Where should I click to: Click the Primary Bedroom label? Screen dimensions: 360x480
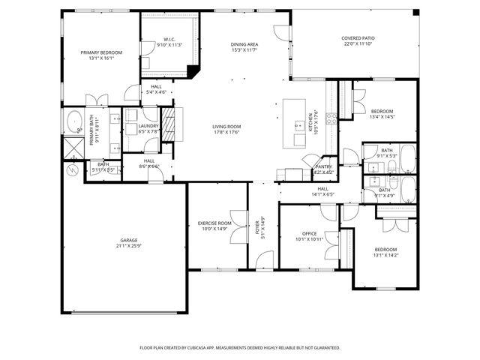click(100, 52)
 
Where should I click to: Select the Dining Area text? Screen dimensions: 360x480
click(244, 45)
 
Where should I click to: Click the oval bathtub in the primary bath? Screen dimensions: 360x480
click(74, 121)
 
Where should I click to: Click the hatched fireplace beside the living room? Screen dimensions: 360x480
click(169, 119)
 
